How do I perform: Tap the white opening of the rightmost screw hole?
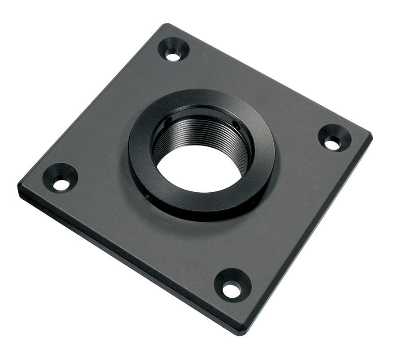tap(332, 144)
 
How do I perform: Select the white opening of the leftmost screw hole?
tap(60, 184)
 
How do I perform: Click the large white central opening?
tap(199, 168)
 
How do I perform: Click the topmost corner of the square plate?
tap(166, 25)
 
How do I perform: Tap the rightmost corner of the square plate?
tap(370, 133)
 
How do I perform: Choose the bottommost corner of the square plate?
tap(243, 333)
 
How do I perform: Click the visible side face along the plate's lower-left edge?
tap(126, 265)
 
